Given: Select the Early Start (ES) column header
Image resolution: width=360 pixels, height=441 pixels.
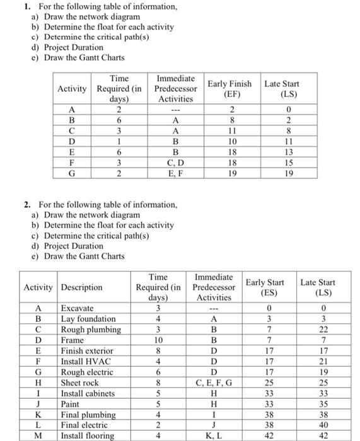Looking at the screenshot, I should click(264, 287).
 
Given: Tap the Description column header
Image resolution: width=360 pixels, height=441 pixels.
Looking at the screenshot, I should click(81, 287).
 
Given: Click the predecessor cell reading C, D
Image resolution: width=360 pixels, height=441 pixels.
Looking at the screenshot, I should click(175, 161).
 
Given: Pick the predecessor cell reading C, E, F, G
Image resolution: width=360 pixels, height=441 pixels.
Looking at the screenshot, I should click(214, 382).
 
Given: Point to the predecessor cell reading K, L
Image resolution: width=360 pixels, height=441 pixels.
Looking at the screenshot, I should click(214, 435).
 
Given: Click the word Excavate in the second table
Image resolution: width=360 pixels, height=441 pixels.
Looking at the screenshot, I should click(77, 308).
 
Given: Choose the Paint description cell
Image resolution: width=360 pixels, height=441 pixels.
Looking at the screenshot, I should click(71, 404).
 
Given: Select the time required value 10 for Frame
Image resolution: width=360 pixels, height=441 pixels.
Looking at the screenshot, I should click(158, 340).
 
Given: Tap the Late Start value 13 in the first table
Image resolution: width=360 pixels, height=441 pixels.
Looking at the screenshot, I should click(281, 151).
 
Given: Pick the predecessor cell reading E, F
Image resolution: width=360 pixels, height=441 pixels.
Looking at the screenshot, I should click(175, 172).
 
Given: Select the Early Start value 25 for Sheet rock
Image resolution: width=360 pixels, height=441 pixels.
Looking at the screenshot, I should click(264, 382).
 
